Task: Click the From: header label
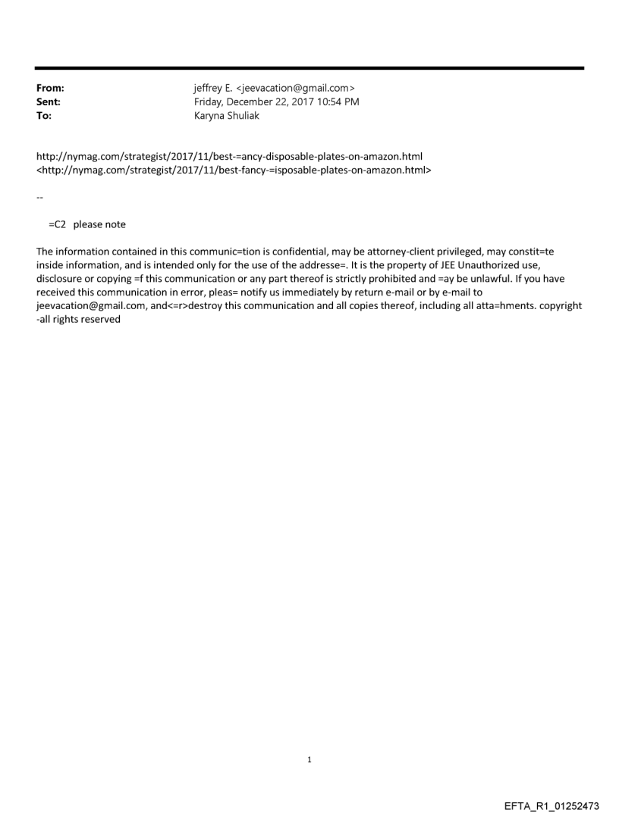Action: [x=50, y=89]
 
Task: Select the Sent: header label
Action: [x=48, y=102]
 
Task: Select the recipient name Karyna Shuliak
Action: [x=227, y=116]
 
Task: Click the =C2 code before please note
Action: [x=58, y=224]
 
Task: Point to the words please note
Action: [x=99, y=224]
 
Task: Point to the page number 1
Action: [x=309, y=759]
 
